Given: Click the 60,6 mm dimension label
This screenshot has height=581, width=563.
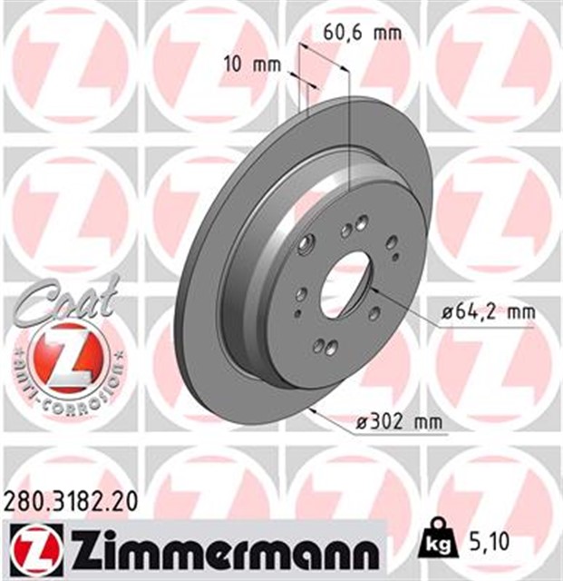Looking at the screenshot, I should pos(362,34).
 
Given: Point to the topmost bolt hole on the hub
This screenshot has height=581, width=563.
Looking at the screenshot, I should pos(362,222).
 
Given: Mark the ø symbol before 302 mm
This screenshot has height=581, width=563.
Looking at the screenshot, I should pos(356,421).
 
